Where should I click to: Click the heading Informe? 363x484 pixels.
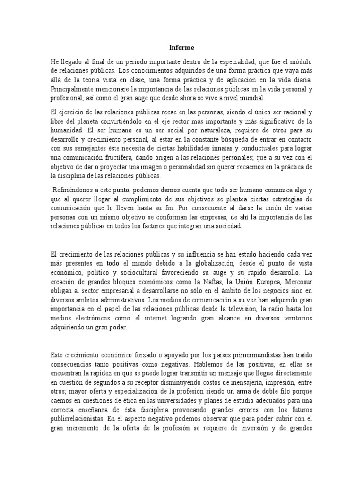(181, 48)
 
